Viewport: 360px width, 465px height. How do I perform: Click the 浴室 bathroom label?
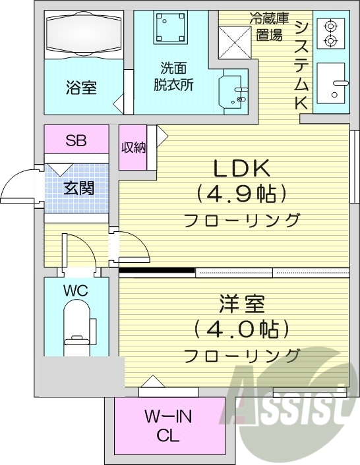[82, 88]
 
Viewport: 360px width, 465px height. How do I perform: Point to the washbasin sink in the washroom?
[234, 90]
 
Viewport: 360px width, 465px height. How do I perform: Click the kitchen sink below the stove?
[332, 84]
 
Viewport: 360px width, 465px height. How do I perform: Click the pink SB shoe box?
[75, 140]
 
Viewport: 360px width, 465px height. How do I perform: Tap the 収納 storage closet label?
[134, 148]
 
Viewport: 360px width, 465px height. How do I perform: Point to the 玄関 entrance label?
[78, 188]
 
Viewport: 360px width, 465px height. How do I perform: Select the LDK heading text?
[241, 169]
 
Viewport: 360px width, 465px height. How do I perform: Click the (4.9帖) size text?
[241, 194]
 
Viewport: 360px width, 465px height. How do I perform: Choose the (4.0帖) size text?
[241, 329]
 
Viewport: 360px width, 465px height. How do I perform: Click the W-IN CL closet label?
[169, 425]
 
